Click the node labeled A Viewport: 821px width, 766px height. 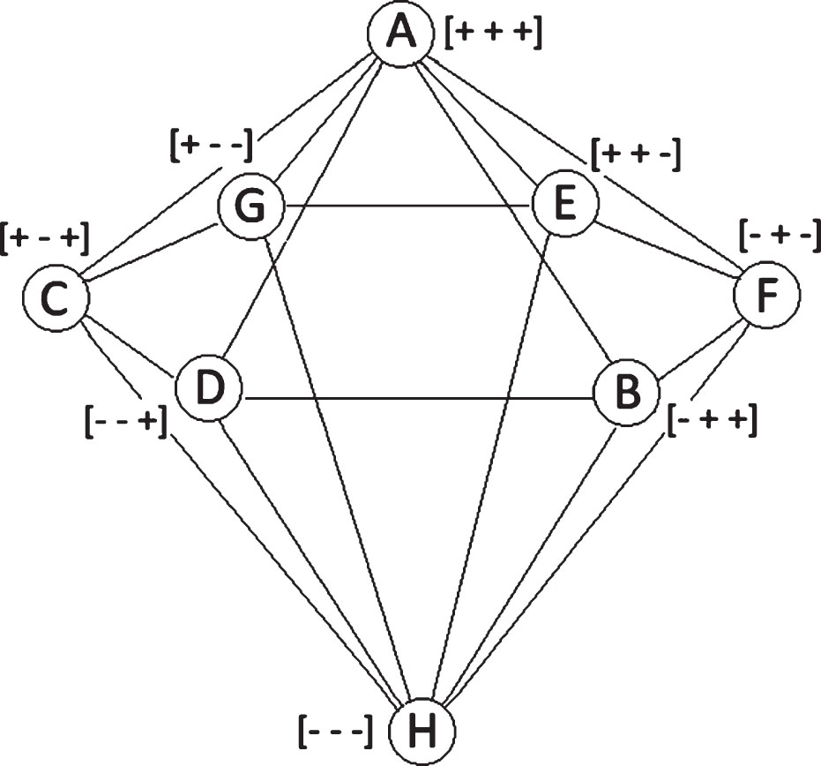tap(400, 34)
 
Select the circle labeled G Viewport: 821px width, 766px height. tap(250, 206)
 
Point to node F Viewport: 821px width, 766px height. tap(767, 295)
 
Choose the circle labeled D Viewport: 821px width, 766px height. tap(209, 388)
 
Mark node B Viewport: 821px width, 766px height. tap(627, 392)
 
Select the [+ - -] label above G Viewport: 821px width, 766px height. tap(212, 145)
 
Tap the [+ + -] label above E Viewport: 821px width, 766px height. tap(636, 154)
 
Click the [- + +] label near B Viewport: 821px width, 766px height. tap(713, 423)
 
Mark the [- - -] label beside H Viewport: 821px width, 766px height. tap(336, 732)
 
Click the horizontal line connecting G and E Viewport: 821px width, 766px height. tap(408, 206)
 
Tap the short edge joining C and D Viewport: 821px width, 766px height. tap(131, 348)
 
